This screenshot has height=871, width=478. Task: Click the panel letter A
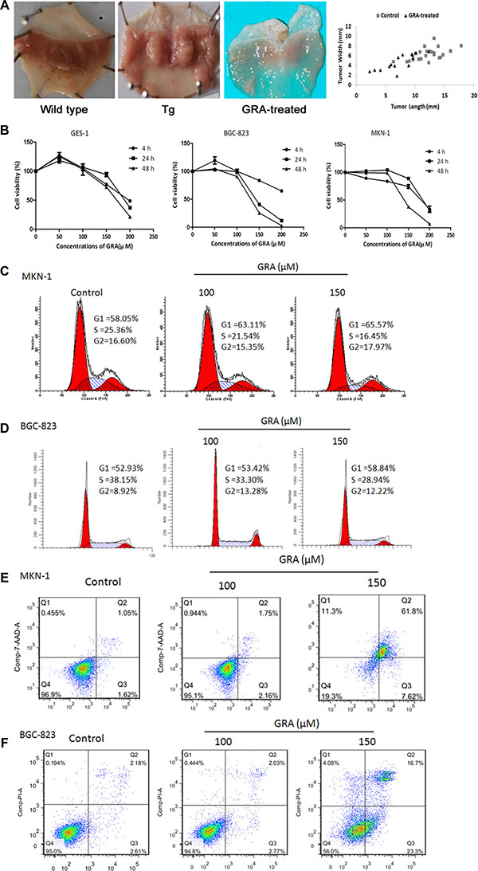8,7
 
